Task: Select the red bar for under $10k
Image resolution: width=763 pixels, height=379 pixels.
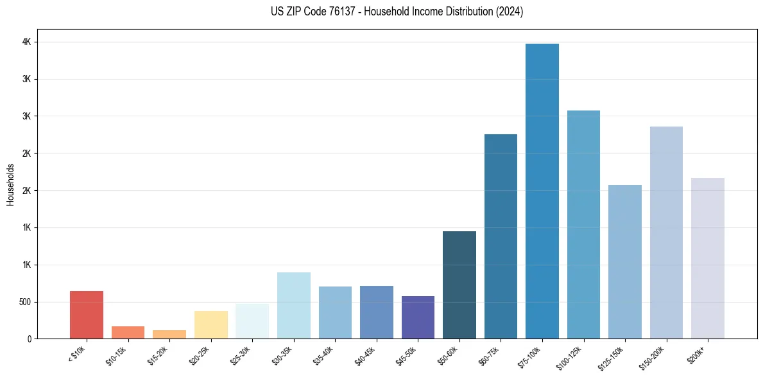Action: tap(87, 315)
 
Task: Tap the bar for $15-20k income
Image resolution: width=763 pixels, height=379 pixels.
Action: tap(169, 335)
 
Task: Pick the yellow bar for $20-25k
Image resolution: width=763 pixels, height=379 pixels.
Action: tap(211, 325)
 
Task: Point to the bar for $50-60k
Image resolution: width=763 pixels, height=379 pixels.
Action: tap(459, 285)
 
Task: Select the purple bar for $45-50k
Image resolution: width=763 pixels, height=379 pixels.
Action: tap(418, 317)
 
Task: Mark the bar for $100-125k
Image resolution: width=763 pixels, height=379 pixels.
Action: tap(583, 225)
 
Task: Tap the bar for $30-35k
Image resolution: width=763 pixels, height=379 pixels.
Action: tap(294, 306)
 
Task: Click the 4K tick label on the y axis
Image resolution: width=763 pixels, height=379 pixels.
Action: tap(26, 42)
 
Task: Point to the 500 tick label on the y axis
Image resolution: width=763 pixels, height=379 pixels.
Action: tap(24, 302)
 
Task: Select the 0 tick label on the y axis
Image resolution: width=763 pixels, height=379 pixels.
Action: tap(29, 339)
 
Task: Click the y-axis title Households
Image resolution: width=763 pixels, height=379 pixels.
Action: tap(11, 184)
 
